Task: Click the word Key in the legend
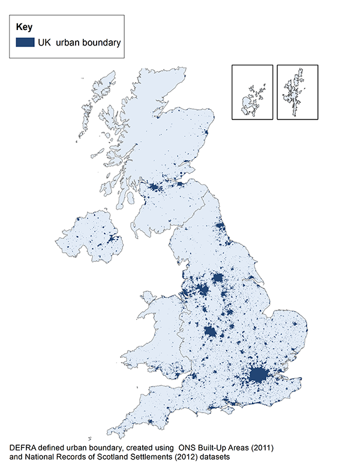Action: [24, 27]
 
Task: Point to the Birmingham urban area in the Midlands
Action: [211, 331]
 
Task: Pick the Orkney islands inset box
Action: [252, 92]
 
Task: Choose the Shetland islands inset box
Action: [297, 92]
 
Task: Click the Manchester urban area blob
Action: [203, 291]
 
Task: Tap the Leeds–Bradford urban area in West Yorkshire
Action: [218, 279]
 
